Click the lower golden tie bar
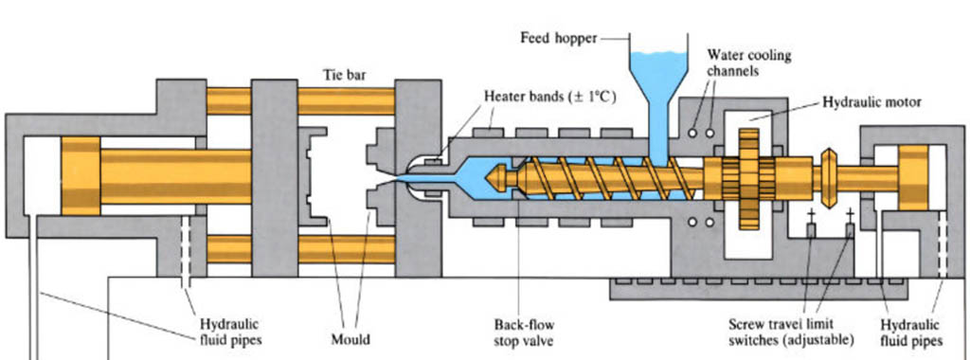tap(322, 249)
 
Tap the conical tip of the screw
tap(498, 176)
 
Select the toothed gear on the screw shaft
tap(748, 175)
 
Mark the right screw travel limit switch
tap(850, 228)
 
